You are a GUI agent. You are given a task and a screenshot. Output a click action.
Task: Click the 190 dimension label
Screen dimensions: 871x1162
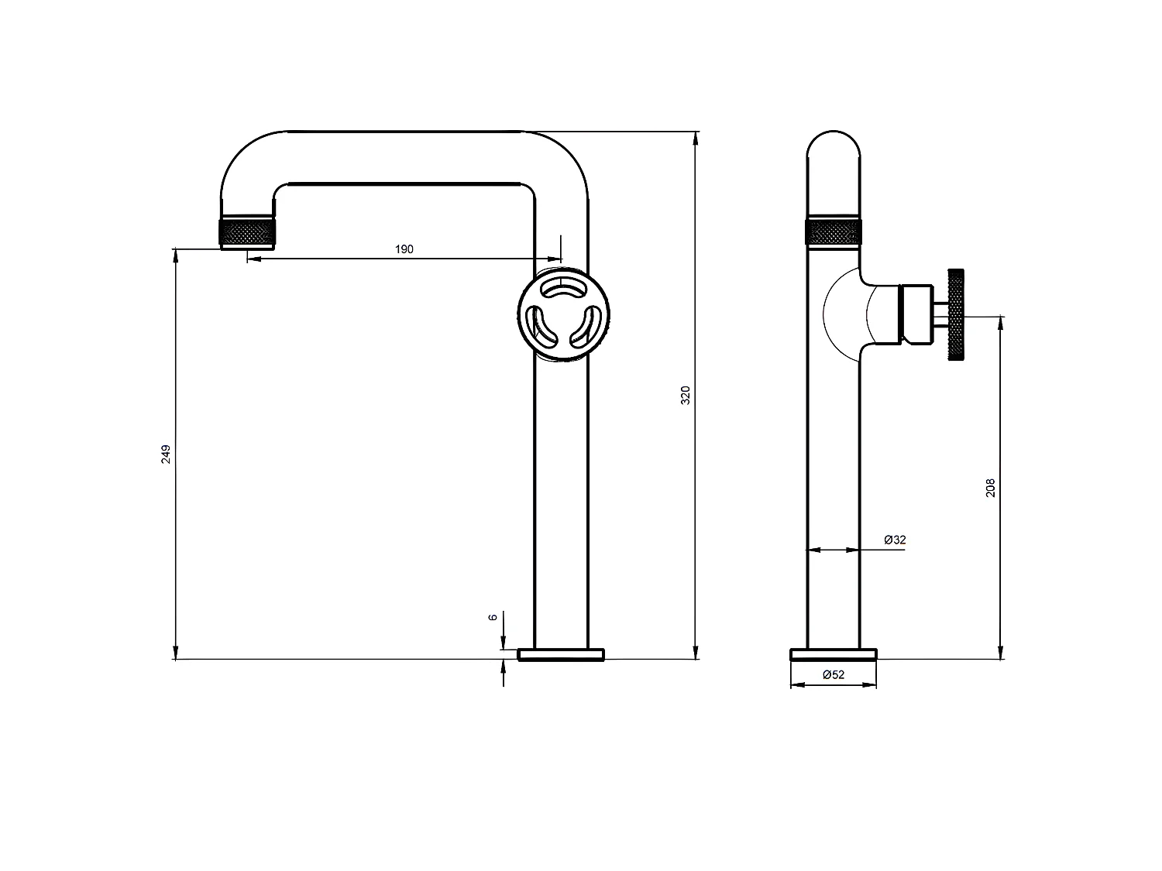(x=404, y=249)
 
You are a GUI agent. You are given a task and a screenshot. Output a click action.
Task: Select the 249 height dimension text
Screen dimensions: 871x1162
(x=165, y=454)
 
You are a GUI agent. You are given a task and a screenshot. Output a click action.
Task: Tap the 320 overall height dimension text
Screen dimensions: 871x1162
(x=685, y=395)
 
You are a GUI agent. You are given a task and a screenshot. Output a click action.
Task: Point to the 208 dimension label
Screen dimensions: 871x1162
(x=990, y=487)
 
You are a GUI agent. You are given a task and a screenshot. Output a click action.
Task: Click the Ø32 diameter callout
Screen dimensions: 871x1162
(x=895, y=540)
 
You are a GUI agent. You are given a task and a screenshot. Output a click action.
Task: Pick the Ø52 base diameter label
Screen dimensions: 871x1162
(x=834, y=674)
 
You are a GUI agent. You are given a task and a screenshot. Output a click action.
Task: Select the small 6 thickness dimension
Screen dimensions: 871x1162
(x=492, y=617)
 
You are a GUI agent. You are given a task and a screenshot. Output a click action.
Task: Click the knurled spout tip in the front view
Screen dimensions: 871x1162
(x=248, y=232)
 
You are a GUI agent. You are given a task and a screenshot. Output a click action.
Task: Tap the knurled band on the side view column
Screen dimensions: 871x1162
(x=834, y=231)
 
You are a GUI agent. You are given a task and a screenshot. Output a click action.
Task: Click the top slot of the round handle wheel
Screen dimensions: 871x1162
(x=563, y=290)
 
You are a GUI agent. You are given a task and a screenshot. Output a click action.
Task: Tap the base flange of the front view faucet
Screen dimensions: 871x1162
(x=561, y=654)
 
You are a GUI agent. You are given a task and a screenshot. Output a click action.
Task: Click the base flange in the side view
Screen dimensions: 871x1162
(x=834, y=654)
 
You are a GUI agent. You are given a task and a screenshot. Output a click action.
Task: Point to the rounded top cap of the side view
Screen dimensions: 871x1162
(x=834, y=147)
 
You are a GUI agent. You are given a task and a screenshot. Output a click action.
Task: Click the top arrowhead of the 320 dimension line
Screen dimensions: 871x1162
(x=696, y=139)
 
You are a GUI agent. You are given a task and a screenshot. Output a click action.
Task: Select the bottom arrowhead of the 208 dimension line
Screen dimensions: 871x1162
(x=1001, y=652)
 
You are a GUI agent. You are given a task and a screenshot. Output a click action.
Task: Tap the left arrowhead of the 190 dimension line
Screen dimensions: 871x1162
(x=253, y=259)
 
